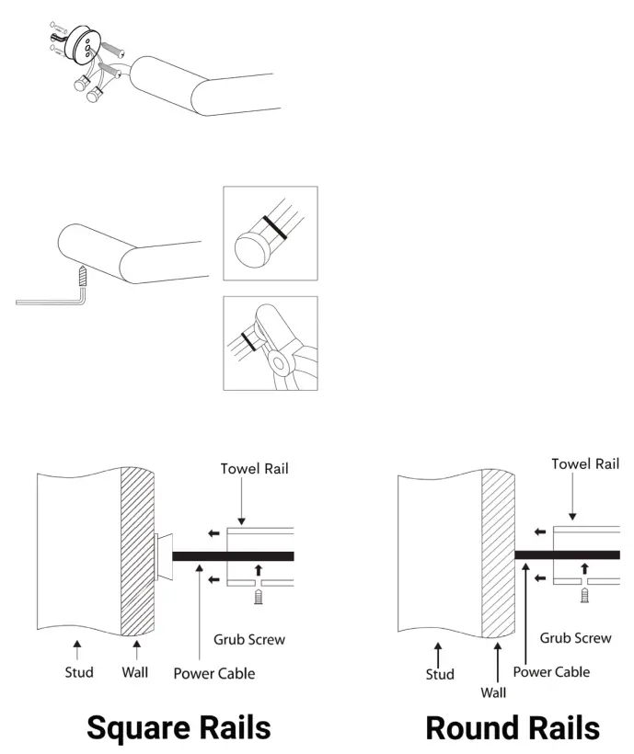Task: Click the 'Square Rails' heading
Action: pos(179,727)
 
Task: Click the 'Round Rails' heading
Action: pos(513,727)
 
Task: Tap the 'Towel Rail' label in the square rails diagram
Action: pos(254,469)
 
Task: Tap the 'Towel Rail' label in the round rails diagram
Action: pos(585,464)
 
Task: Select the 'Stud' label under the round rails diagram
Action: pos(440,675)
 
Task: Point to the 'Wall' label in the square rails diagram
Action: pos(134,672)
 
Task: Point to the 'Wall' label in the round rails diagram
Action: pos(495,691)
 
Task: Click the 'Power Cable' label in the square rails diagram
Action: pos(214,673)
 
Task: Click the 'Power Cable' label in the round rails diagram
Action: pos(551,671)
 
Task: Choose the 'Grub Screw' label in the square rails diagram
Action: pos(249,639)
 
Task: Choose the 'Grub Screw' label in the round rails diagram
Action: pos(575,637)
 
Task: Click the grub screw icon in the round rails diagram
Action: pos(584,596)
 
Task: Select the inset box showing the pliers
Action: pos(271,343)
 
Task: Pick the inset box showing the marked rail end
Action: pos(271,234)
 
